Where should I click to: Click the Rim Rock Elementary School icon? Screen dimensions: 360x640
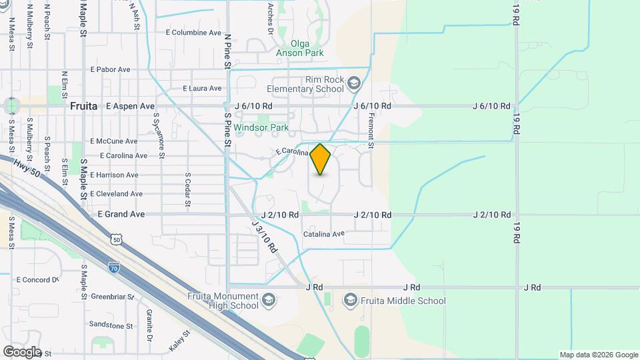353,83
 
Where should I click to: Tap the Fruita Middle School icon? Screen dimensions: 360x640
351,301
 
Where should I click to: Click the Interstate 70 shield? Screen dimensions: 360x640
114,265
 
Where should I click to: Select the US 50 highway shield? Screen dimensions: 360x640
117,239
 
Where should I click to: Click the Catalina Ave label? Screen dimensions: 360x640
323,234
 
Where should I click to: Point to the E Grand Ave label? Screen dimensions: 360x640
121,215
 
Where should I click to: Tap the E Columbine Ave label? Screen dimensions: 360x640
193,32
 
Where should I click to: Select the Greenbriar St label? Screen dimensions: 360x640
113,296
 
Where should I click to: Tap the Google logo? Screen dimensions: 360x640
22,352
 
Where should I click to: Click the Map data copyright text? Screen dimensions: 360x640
599,355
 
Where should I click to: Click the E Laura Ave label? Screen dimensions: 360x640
202,88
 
